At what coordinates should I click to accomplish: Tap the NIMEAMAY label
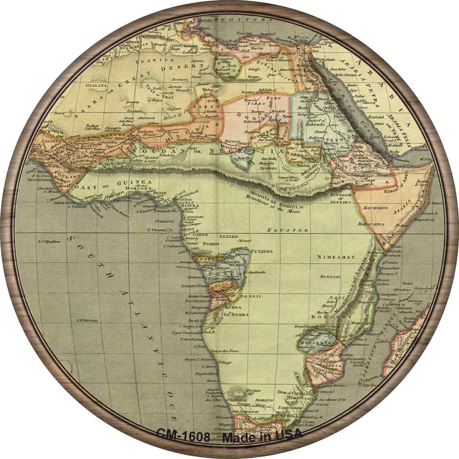click(336, 257)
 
